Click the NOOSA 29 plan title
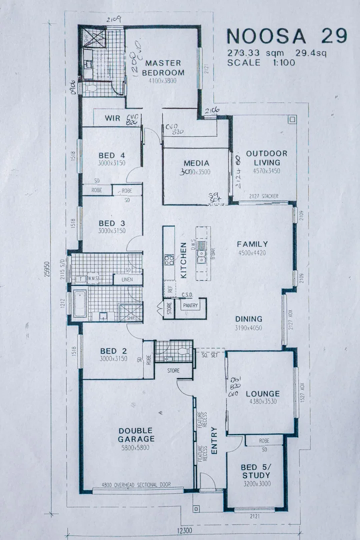pyautogui.click(x=287, y=37)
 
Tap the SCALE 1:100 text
pyautogui.click(x=261, y=62)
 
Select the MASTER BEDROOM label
pyautogui.click(x=163, y=67)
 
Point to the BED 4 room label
pyautogui.click(x=111, y=154)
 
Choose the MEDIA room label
pyautogui.click(x=196, y=163)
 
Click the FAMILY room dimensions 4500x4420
pyautogui.click(x=252, y=253)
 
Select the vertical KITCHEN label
pyautogui.click(x=183, y=260)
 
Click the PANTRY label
pyautogui.click(x=190, y=305)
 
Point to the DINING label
pyautogui.click(x=248, y=319)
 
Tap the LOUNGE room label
pyautogui.click(x=262, y=393)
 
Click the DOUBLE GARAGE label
pyautogui.click(x=136, y=435)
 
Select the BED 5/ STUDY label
pyautogui.click(x=256, y=471)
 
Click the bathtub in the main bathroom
pyautogui.click(x=79, y=303)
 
